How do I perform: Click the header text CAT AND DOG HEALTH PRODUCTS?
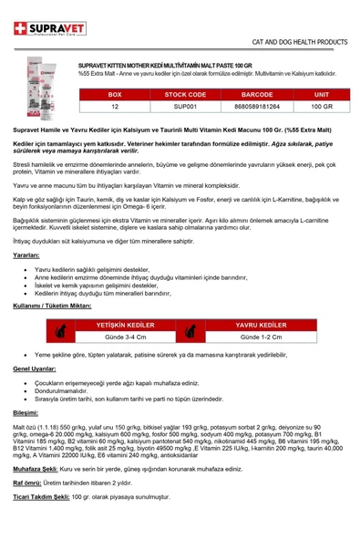click(x=300, y=42)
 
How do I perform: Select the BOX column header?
click(x=114, y=94)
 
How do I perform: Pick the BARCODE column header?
click(x=261, y=94)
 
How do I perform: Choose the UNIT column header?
click(x=322, y=94)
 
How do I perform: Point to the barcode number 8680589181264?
click(x=261, y=107)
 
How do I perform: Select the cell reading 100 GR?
click(x=322, y=107)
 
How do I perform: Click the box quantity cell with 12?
click(x=114, y=107)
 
